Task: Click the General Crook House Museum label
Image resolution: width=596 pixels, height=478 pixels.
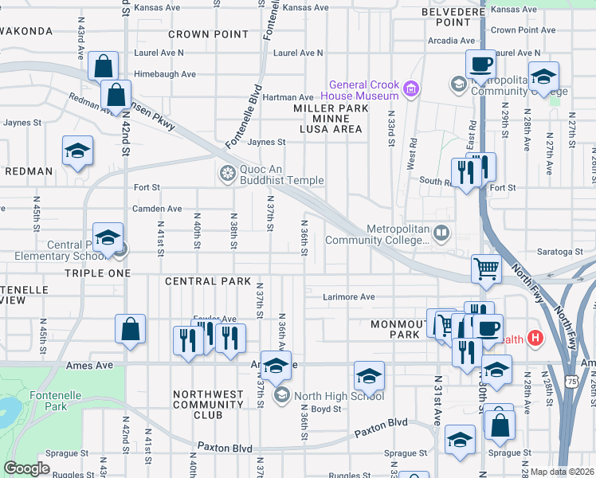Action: (362, 90)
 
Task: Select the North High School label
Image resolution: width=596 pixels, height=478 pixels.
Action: (339, 396)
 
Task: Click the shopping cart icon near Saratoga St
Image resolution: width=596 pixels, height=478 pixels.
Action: (485, 268)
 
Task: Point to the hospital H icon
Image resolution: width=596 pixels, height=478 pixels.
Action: (535, 339)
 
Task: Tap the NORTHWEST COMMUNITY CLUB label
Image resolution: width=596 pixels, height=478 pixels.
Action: (208, 404)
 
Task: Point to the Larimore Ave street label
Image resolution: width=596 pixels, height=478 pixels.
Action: (348, 297)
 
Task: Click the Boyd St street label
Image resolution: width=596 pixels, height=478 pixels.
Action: (326, 409)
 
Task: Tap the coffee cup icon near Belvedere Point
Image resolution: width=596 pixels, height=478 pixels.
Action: (480, 63)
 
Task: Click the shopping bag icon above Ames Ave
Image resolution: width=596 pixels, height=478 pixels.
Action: (130, 328)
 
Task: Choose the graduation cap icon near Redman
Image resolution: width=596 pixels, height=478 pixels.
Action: (77, 150)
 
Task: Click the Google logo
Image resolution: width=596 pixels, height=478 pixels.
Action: (26, 468)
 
